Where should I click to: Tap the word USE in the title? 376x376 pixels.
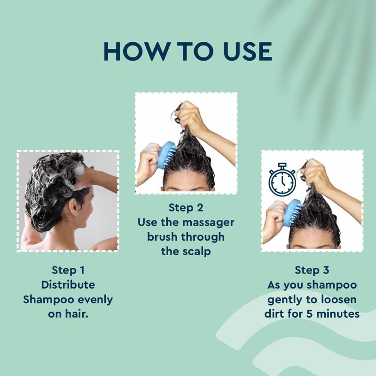[248, 52]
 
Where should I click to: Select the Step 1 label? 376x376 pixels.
[68, 270]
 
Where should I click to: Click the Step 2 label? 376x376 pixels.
[186, 208]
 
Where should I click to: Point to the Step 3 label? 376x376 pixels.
[312, 270]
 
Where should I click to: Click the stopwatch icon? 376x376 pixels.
[282, 180]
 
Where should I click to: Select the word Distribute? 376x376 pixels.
[68, 285]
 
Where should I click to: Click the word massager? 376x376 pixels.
[208, 223]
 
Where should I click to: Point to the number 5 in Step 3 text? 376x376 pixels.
[310, 314]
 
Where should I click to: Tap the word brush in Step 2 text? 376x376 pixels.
[162, 237]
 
